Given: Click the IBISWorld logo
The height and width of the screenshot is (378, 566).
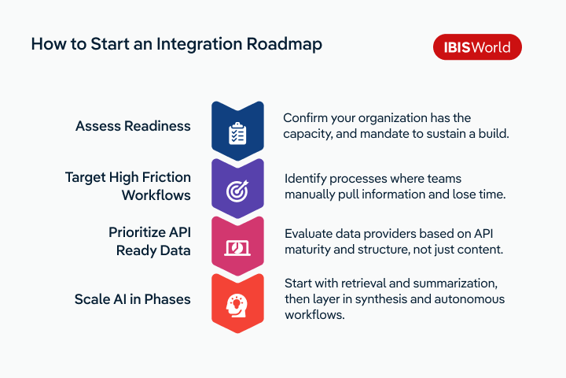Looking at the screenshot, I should (x=477, y=47).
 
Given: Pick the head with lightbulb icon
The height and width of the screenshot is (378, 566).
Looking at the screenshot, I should (x=237, y=305).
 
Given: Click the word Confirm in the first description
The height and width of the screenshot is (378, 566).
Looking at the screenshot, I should (x=307, y=117).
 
